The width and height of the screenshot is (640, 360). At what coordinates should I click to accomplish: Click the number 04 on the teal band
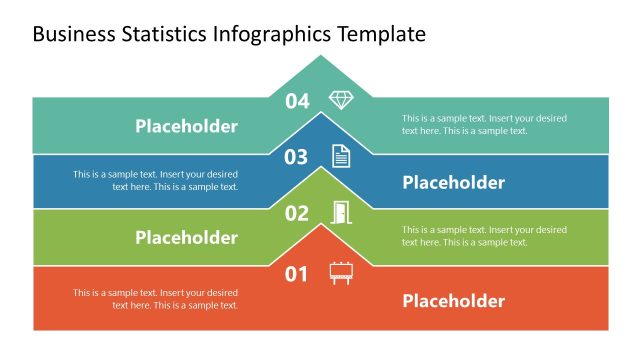tap(298, 100)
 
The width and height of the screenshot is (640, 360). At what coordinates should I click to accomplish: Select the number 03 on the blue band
tap(296, 157)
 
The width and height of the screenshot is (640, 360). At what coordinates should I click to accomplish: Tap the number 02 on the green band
tap(297, 213)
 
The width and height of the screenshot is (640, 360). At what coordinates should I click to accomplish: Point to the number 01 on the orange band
tap(297, 273)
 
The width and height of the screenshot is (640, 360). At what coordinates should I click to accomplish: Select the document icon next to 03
tap(341, 156)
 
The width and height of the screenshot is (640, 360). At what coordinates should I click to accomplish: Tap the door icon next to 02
tap(341, 212)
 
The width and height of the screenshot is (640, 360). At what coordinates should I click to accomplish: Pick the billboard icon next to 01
tap(341, 272)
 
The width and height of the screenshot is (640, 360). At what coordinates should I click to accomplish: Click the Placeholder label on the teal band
tap(186, 126)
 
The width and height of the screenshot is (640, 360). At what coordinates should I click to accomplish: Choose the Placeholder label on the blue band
tap(453, 182)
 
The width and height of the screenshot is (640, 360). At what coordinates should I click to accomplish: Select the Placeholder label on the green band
tap(186, 237)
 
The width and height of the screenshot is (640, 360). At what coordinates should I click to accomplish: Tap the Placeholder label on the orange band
tap(453, 301)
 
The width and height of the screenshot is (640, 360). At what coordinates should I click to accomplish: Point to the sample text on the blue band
tap(155, 180)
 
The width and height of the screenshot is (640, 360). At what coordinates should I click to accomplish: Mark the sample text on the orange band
tap(155, 299)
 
